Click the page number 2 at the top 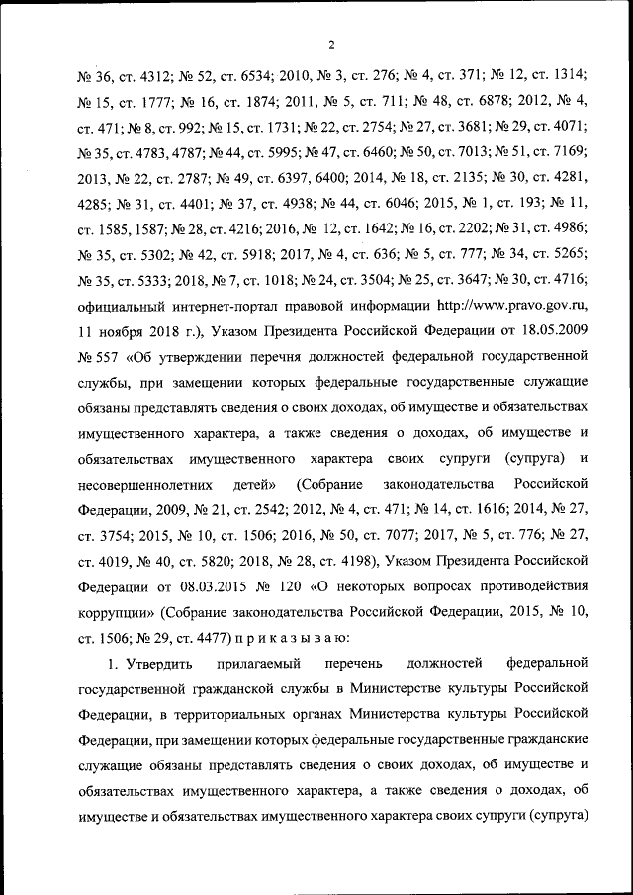tap(332, 43)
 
